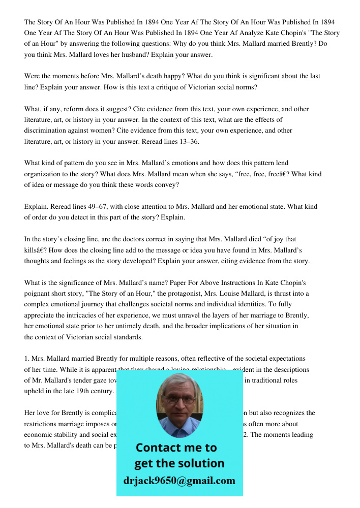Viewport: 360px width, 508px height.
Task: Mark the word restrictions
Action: coord(42,424)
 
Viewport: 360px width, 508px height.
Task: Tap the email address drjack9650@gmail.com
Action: coord(179,481)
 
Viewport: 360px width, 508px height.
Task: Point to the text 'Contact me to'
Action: coord(176,448)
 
